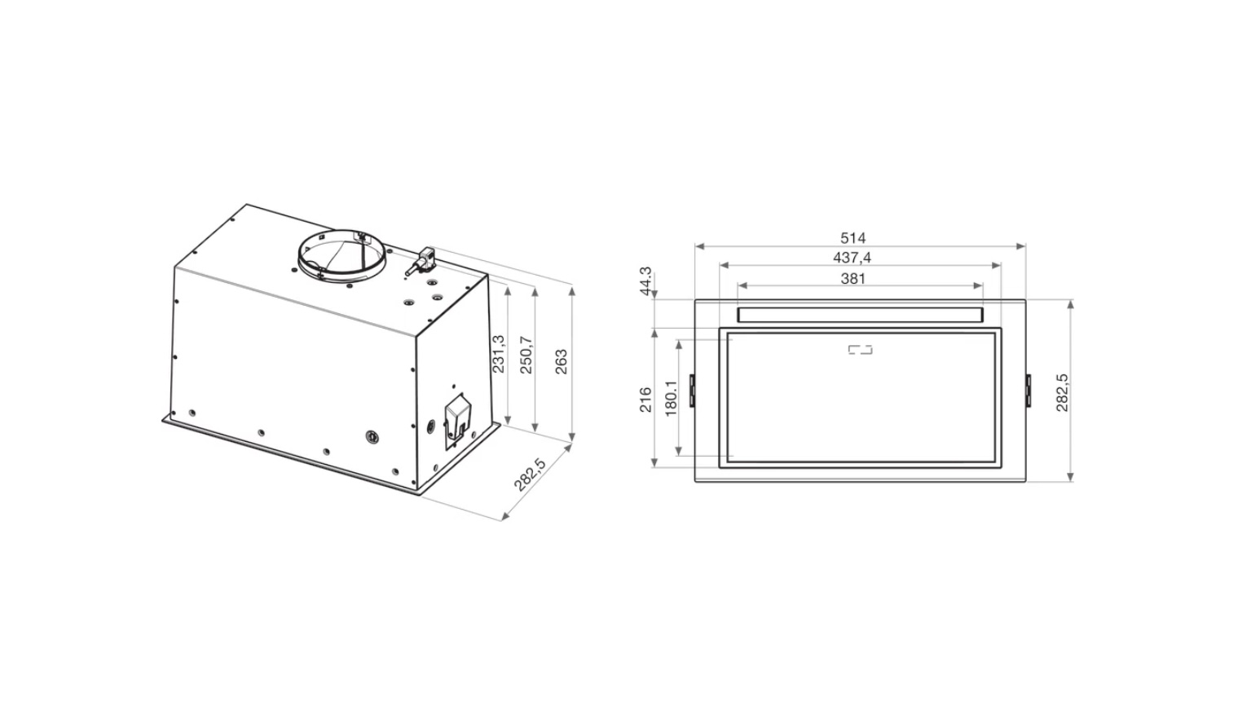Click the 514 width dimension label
coord(852,238)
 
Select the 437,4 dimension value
coord(852,258)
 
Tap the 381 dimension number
coord(852,278)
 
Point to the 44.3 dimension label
coord(646,281)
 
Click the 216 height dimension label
coord(646,400)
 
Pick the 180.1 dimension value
coord(672,398)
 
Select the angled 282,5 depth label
coord(530,475)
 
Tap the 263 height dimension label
coord(562,361)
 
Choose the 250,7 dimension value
coord(526,355)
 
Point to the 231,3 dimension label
coord(499,354)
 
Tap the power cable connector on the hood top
coord(422,262)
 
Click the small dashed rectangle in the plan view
coord(860,350)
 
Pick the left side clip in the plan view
coord(692,390)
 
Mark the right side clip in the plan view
coord(1028,390)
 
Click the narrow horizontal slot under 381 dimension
coord(860,315)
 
